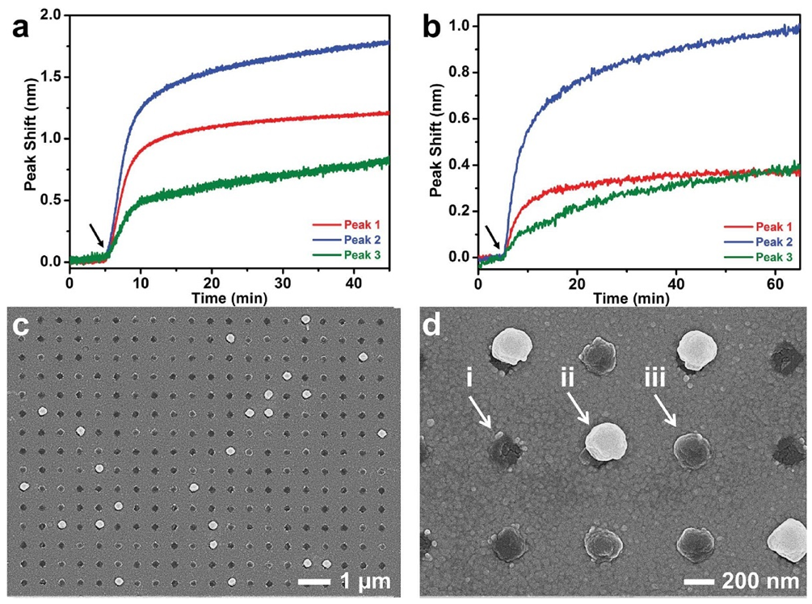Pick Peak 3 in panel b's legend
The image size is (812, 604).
(772, 256)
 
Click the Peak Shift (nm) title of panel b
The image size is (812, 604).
(437, 137)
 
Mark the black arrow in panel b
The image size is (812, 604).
(492, 236)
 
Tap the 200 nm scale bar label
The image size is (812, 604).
(747, 581)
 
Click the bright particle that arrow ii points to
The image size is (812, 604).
(607, 443)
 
